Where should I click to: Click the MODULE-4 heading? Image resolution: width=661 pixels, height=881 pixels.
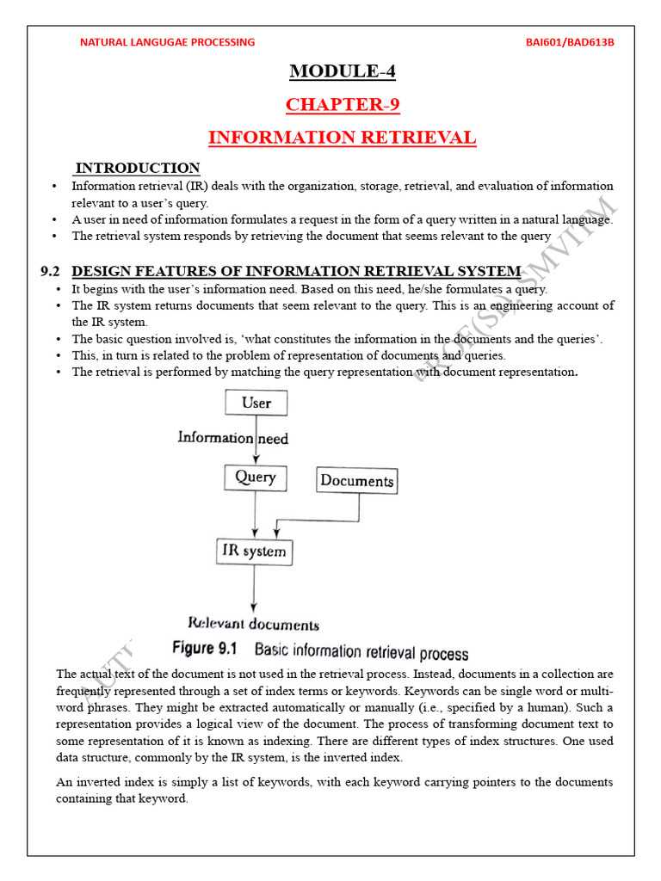[342, 71]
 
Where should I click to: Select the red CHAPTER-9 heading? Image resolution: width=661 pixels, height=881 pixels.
[343, 105]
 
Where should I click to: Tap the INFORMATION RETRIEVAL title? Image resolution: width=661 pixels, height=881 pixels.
[342, 138]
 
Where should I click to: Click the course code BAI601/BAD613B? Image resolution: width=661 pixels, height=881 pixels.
[569, 42]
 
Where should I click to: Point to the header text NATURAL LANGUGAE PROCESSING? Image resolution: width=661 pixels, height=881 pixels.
[167, 42]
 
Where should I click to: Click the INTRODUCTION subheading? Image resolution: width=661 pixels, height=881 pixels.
[138, 168]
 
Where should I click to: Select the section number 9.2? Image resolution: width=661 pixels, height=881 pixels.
[49, 272]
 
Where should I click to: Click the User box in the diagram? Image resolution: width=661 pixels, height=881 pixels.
[256, 403]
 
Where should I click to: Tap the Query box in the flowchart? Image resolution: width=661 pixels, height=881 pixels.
[255, 477]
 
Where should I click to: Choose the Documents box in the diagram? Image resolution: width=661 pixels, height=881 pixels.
[356, 481]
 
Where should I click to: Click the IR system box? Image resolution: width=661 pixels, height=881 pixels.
[253, 551]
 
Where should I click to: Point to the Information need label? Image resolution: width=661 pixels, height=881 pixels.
[232, 438]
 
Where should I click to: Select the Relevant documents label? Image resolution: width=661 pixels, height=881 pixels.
[253, 625]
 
